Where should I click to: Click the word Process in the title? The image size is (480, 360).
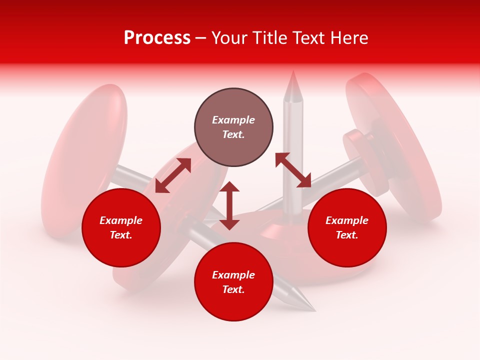(157, 38)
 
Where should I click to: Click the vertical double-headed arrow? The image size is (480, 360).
(229, 205)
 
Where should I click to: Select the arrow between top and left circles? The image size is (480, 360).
(173, 175)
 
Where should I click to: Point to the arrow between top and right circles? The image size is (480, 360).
(293, 170)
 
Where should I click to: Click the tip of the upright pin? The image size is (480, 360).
(293, 75)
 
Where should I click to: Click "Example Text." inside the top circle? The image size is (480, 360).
(233, 127)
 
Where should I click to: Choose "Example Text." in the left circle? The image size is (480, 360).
(121, 227)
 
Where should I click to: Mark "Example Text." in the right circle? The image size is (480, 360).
(347, 227)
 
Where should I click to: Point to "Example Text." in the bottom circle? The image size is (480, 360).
(233, 282)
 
